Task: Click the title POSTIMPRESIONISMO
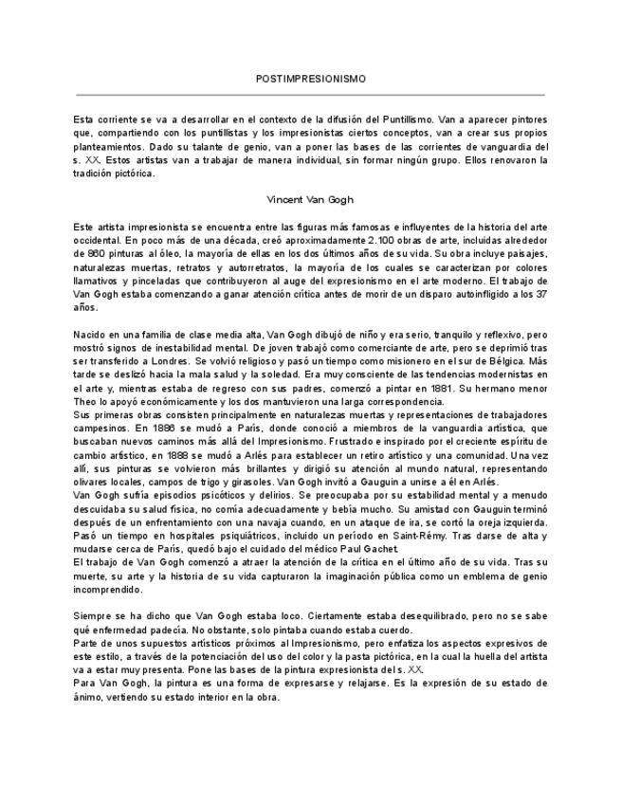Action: [310, 78]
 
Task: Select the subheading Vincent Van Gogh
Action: [310, 200]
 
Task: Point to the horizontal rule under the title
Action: [310, 95]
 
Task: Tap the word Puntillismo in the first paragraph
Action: [408, 120]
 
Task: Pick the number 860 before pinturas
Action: [86, 254]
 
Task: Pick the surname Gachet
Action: [378, 548]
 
